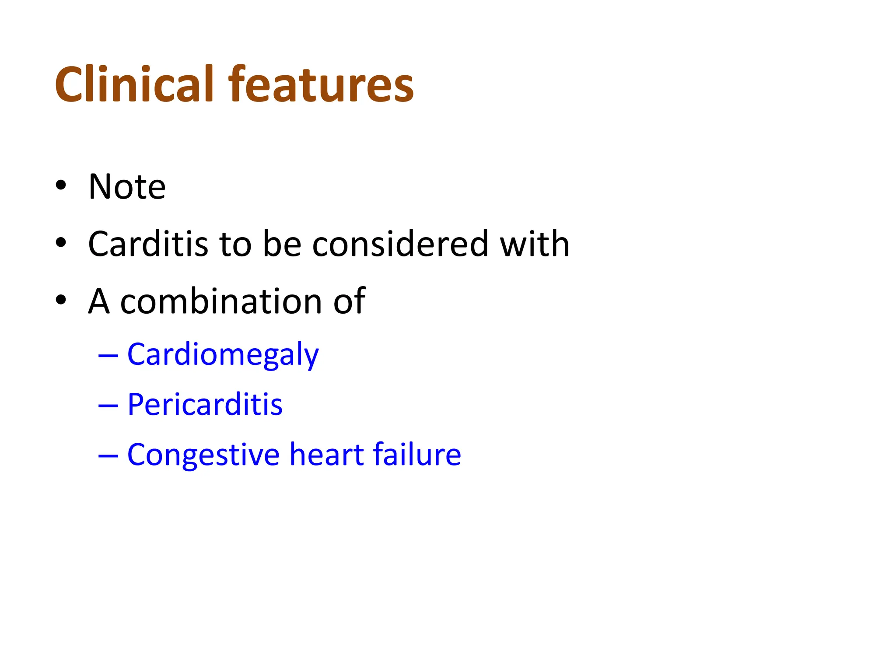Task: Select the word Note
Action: point(127,187)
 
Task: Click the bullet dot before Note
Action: point(61,185)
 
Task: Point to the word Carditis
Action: point(147,244)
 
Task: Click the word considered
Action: point(400,244)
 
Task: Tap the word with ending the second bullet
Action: point(534,244)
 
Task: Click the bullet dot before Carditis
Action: point(61,243)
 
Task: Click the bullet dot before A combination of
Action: point(61,300)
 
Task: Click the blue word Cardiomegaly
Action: point(223,355)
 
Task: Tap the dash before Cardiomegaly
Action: point(108,356)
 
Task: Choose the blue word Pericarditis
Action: point(205,405)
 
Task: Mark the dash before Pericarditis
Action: point(108,406)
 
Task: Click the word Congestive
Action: point(203,455)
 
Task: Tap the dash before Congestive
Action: point(108,456)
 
